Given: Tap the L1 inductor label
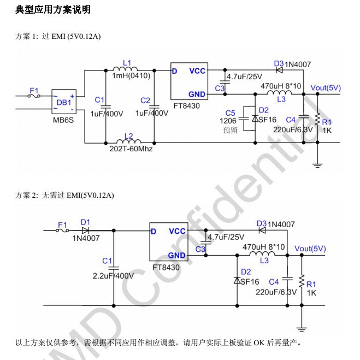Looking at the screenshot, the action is point(127,63).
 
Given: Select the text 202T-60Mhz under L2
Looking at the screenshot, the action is point(131,149).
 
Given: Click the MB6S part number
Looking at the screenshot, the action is point(63,120).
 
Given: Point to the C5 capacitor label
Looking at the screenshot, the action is point(231,113).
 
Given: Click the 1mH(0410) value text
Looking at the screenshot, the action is point(131,76).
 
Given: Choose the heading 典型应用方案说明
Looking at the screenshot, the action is point(53,10).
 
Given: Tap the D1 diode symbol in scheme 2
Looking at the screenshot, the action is point(85,231).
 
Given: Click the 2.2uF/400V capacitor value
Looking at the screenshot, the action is point(113,276).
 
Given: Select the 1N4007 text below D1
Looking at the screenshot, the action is point(86,238).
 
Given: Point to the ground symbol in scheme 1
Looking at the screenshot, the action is point(317,166).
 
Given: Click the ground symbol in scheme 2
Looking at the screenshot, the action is point(302,329).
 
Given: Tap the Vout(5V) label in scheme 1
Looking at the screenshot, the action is point(326,88).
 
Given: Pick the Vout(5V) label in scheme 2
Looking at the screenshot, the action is point(310,249).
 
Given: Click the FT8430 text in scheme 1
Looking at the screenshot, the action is point(186,106).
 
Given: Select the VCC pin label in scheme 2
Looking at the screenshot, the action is point(177,231).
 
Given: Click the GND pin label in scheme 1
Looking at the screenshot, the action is point(197,95).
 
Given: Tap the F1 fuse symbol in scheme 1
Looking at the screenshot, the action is point(34,96).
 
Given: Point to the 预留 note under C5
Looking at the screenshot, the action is point(231,130).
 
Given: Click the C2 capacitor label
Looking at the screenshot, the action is point(145,101).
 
